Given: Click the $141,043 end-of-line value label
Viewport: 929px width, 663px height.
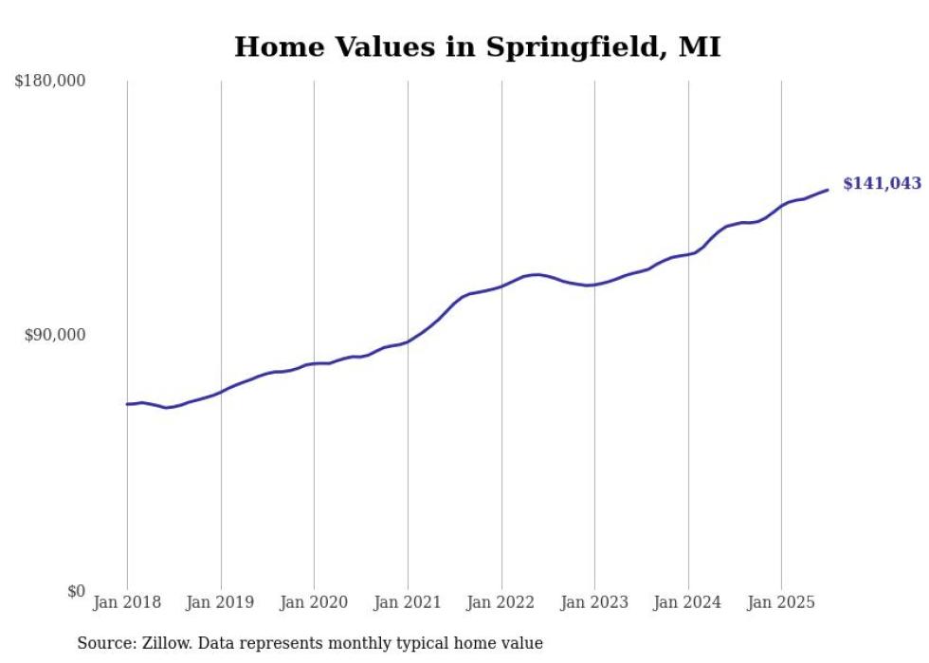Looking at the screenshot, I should pos(881,184).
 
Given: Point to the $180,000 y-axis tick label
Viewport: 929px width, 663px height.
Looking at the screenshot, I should pos(50,82).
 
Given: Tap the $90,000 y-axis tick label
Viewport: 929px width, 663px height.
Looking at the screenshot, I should pos(54,335).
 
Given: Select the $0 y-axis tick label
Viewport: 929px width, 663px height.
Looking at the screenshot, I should pos(75,591).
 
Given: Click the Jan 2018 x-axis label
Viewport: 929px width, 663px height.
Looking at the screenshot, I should pos(127,602).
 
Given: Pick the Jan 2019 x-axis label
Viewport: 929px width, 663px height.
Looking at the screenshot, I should pos(221,602).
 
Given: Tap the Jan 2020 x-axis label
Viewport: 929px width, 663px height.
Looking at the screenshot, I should pos(314,602).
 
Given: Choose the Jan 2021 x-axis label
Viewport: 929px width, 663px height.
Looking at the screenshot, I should pos(408,602).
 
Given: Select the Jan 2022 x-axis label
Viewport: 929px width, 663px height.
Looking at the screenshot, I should pos(501,602).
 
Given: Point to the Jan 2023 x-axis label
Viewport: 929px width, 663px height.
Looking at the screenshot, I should pos(594,602).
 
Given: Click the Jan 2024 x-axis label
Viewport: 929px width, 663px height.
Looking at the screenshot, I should pos(687,602).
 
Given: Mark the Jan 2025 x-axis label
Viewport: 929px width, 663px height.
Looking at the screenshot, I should pos(781,602).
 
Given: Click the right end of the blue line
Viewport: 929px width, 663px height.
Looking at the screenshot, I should pos(828,190).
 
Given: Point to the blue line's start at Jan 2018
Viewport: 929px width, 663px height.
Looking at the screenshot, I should pos(127,404).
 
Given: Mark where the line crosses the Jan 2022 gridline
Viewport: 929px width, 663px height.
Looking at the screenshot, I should pos(501,285).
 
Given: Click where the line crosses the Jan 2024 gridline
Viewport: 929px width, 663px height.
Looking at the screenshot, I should pos(688,253).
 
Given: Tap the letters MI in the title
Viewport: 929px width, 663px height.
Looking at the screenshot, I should pos(701,46).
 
